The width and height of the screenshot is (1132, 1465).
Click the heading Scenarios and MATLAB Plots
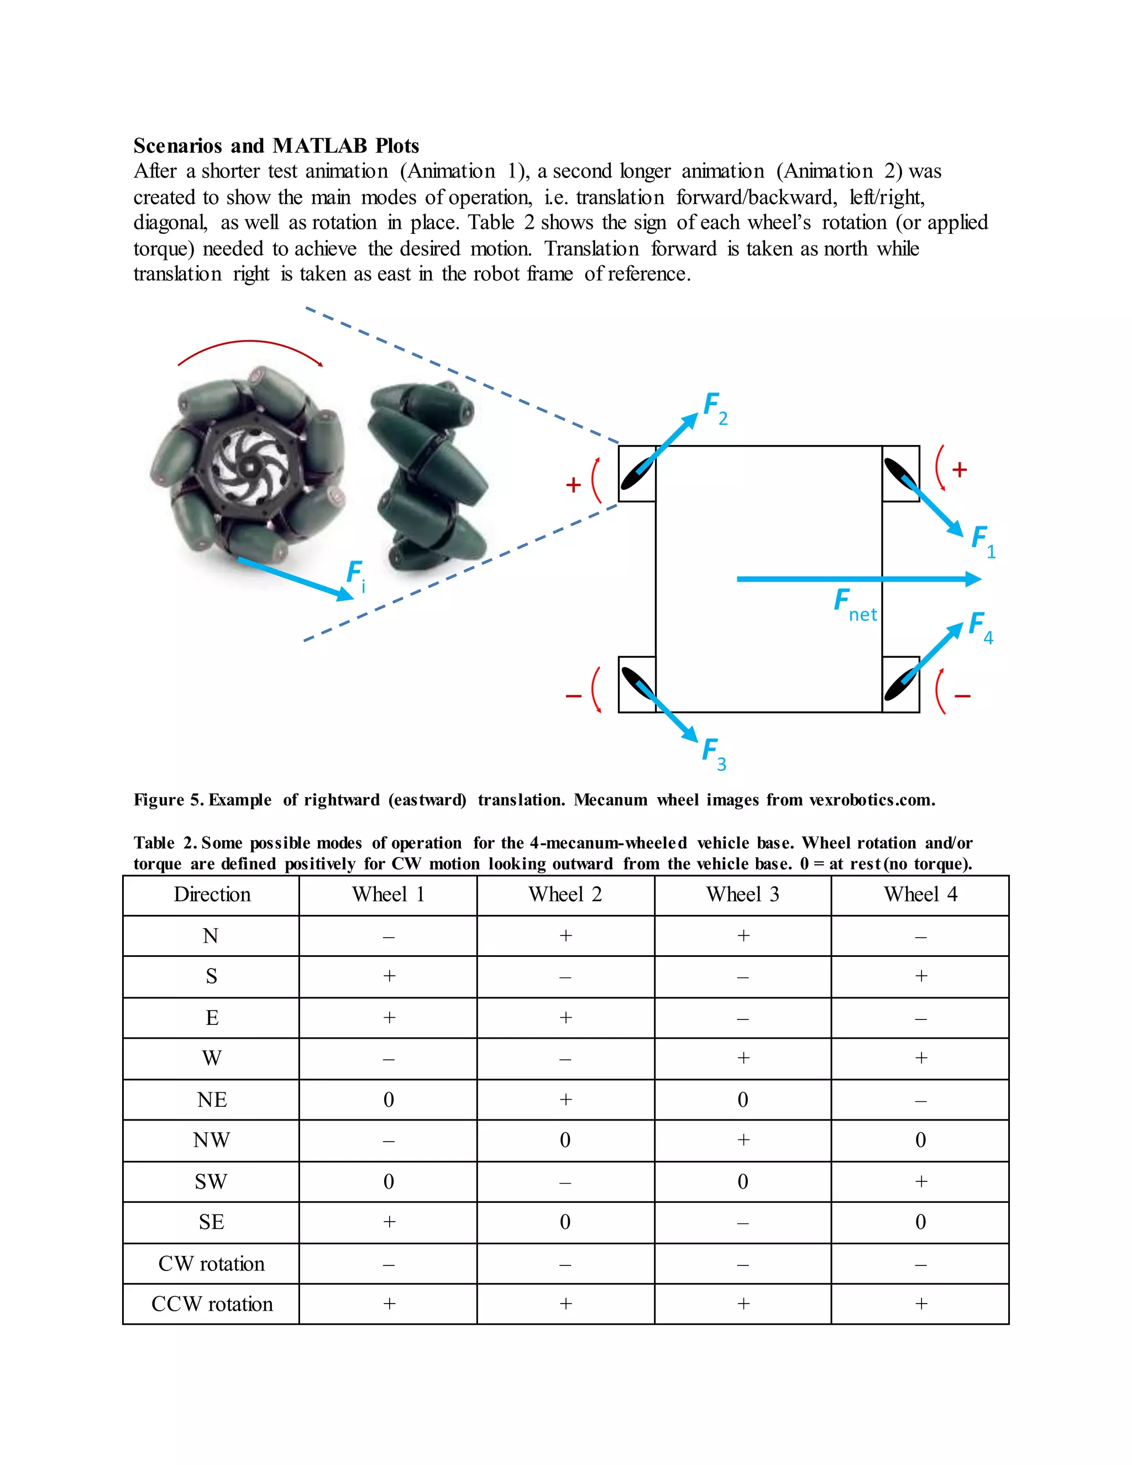[276, 145]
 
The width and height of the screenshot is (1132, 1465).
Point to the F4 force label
[980, 627]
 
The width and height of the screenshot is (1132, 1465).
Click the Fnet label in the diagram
[853, 604]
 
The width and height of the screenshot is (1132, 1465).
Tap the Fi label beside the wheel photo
[355, 575]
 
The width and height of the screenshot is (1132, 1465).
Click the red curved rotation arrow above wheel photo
[250, 344]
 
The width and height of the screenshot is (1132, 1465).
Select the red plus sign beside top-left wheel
[573, 484]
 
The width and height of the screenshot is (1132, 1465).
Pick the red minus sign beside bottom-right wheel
[962, 696]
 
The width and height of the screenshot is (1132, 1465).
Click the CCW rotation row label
[211, 1304]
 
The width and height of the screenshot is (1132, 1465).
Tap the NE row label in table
[211, 1100]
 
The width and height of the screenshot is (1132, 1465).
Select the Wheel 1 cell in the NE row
[388, 1100]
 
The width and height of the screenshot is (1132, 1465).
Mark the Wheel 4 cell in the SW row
[920, 1181]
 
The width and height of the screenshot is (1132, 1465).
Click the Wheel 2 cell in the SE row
[565, 1222]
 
